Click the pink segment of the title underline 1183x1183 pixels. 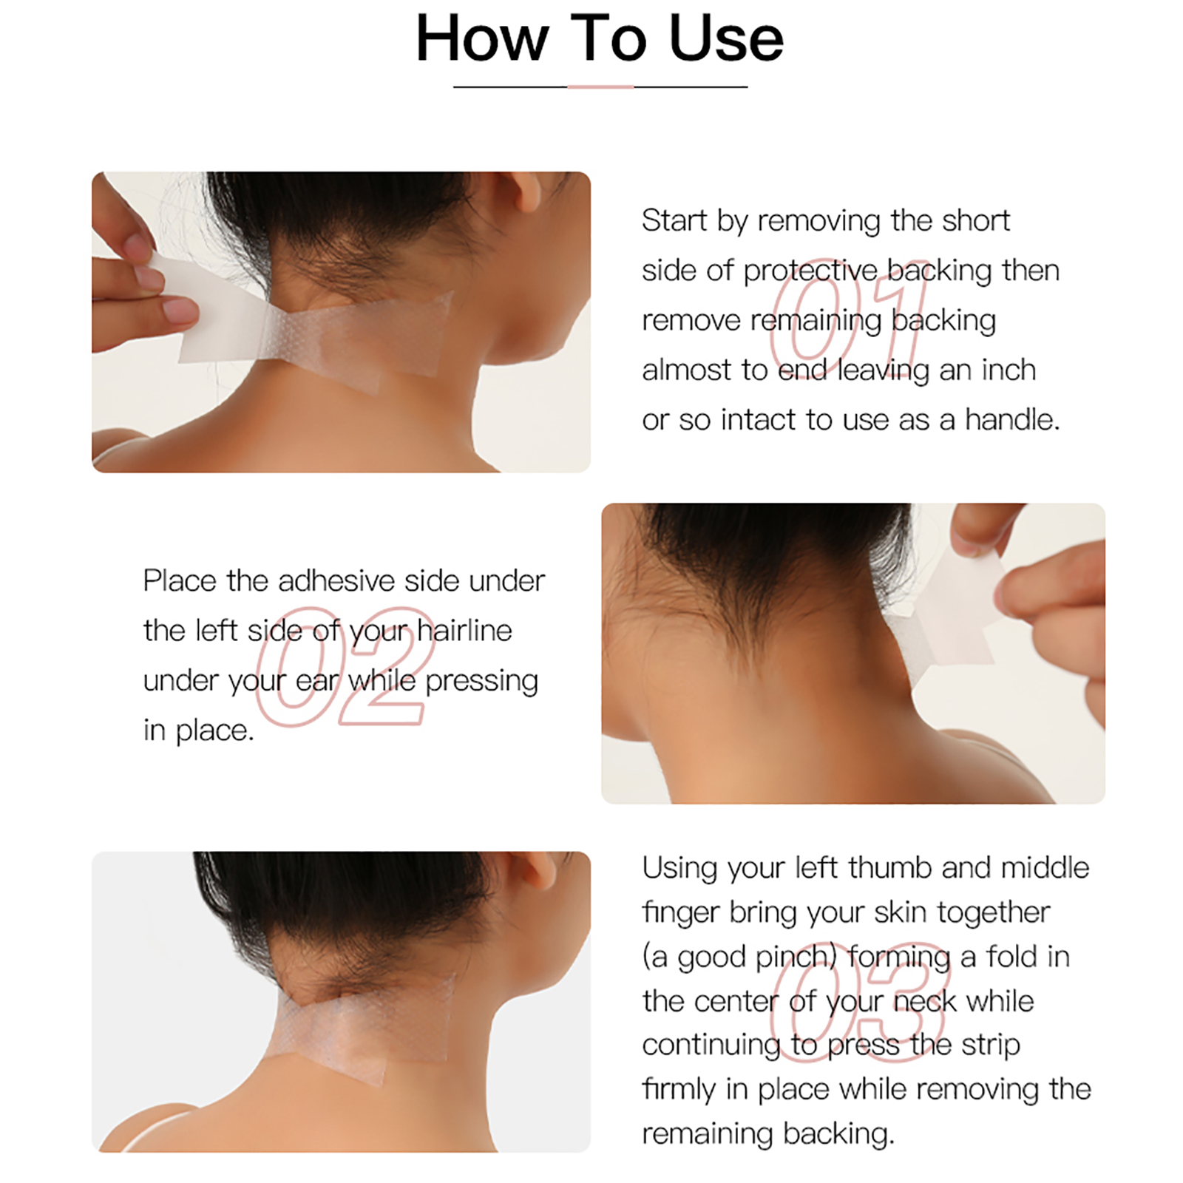pyautogui.click(x=600, y=87)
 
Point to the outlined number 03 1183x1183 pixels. pyautogui.click(x=858, y=1002)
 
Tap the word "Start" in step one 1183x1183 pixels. pyautogui.click(x=674, y=220)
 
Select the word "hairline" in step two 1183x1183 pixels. pyautogui.click(x=464, y=631)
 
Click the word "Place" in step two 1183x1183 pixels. pyautogui.click(x=180, y=581)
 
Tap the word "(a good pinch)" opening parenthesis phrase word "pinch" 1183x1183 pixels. pyautogui.click(x=793, y=957)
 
